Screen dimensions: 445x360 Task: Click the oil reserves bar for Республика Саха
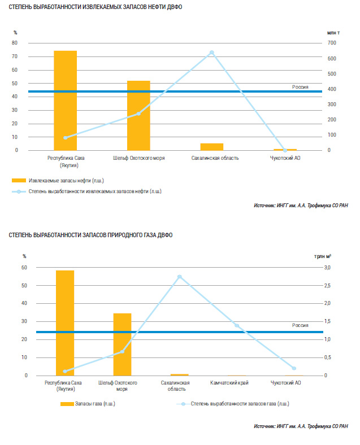pos(65,101)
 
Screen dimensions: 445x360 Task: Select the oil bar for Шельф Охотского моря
pos(138,116)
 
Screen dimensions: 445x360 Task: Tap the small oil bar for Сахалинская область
pos(212,147)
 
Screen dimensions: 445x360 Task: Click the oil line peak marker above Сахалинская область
pos(212,53)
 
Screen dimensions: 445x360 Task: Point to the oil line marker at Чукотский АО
pos(285,150)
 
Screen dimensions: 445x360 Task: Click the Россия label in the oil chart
pos(300,87)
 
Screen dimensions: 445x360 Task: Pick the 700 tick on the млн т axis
pos(332,43)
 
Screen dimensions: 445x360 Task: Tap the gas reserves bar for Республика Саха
pos(65,322)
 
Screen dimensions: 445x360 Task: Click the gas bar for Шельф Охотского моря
pos(122,344)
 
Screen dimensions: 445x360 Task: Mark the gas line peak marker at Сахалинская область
pos(180,277)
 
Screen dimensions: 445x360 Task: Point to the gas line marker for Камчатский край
pos(237,325)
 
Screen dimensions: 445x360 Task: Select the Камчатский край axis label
pos(237,383)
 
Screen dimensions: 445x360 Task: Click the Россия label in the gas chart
pos(300,325)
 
